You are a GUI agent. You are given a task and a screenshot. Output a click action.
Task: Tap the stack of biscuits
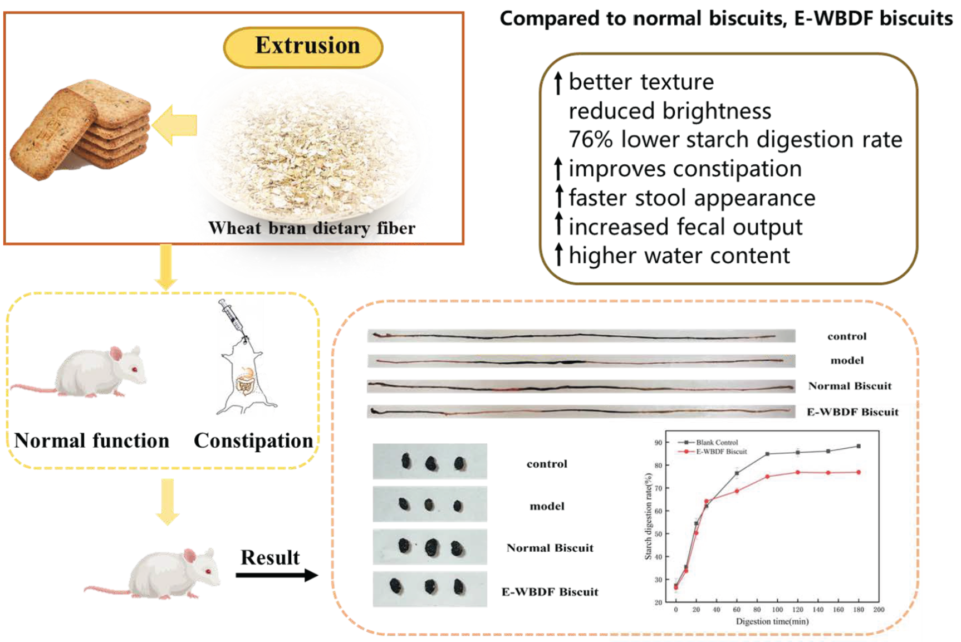81,129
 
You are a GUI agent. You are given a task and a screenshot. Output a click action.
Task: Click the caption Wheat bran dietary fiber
312,228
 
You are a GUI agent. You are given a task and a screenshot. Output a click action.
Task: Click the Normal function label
92,440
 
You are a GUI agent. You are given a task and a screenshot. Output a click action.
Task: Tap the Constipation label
253,440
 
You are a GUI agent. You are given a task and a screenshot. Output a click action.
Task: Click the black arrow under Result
276,575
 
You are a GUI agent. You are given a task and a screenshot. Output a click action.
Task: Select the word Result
270,557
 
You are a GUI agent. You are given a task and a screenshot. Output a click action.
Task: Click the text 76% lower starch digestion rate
735,140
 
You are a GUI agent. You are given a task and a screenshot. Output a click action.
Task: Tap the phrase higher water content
679,256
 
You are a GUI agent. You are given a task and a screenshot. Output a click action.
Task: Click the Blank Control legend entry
716,443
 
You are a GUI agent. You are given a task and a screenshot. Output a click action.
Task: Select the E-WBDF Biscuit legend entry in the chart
720,452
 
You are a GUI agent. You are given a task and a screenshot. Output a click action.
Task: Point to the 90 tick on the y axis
658,443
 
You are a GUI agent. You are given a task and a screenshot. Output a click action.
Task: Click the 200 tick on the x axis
879,610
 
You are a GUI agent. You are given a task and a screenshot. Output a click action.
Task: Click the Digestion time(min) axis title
772,621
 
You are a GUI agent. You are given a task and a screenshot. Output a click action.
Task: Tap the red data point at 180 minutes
859,472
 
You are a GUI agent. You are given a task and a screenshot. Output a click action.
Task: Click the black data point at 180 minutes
859,446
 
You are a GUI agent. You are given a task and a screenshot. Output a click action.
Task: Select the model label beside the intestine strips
847,361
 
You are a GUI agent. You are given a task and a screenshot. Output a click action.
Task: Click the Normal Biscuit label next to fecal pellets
550,548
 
